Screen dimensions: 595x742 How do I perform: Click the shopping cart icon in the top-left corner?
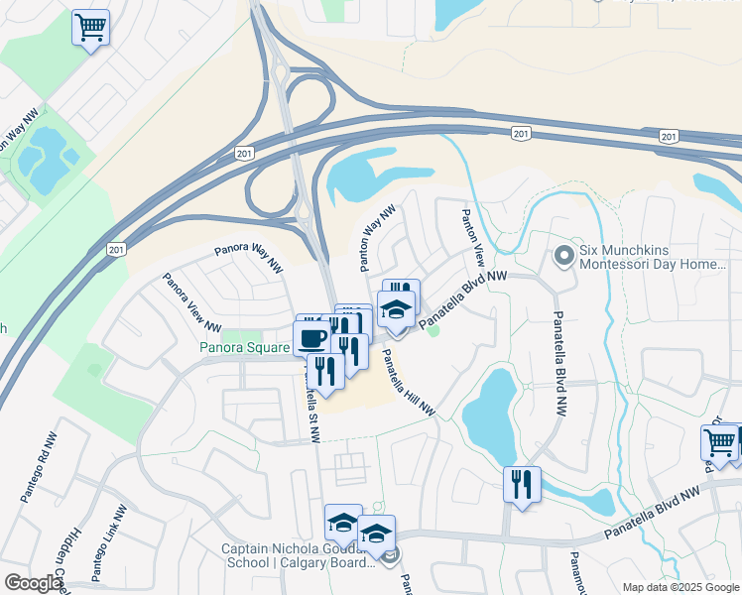[90, 27]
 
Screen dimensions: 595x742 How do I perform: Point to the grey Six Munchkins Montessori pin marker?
[563, 257]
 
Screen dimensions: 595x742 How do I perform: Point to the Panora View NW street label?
[191, 301]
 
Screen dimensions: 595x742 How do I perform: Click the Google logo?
[33, 583]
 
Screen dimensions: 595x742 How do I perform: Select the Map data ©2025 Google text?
[680, 587]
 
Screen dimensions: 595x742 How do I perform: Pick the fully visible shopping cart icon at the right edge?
[719, 442]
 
